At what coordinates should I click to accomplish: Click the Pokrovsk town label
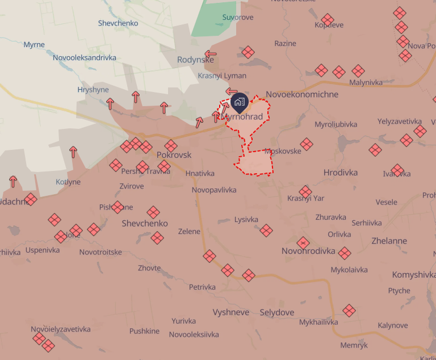click(174, 155)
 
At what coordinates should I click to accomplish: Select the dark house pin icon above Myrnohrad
click(239, 102)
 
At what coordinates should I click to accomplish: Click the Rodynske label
click(195, 60)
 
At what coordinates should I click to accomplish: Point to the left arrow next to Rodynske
click(211, 55)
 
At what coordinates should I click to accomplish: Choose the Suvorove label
click(237, 18)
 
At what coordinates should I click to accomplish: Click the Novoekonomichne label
click(302, 95)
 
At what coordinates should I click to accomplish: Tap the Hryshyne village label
click(93, 90)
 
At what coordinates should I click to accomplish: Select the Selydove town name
click(277, 312)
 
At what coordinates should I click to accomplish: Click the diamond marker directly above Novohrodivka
click(303, 243)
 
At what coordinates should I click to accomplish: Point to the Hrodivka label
click(341, 173)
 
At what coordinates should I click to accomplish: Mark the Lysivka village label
click(246, 220)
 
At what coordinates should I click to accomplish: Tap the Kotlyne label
click(68, 182)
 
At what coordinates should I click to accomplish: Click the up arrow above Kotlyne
click(73, 152)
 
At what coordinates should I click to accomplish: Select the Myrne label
click(34, 45)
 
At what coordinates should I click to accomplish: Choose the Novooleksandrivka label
click(84, 57)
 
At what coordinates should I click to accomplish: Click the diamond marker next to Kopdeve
click(328, 20)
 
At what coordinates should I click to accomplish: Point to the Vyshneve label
click(231, 312)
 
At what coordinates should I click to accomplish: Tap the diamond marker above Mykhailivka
click(349, 310)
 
